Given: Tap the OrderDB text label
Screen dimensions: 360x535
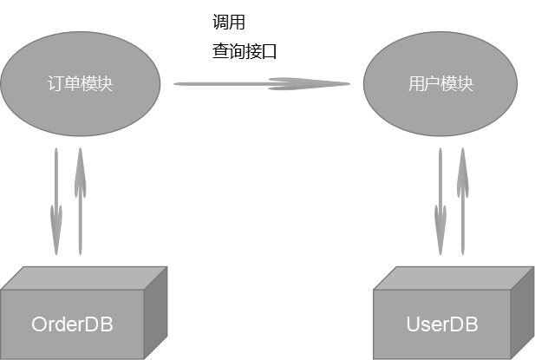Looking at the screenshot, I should (72, 325).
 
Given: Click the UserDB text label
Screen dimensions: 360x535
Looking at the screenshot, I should (442, 325).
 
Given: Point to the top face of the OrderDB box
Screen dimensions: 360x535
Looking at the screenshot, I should (82, 278).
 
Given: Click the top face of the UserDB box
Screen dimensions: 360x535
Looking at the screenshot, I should (451, 278).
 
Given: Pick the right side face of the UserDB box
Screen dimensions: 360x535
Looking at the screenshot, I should (523, 312).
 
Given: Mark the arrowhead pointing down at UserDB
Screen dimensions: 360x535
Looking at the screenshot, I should (440, 234).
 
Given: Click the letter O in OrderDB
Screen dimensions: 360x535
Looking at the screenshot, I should (40, 325).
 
